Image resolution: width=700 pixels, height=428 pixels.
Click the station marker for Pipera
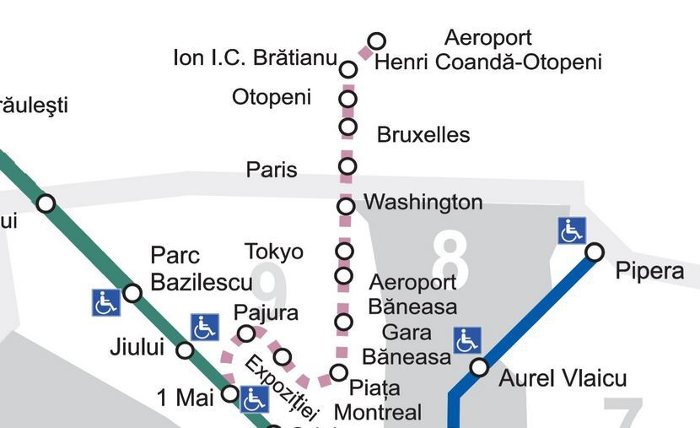(595, 252)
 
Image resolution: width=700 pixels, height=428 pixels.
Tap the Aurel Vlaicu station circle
(479, 367)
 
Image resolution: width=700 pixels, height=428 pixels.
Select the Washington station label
(423, 203)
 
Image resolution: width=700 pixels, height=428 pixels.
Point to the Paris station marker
(347, 165)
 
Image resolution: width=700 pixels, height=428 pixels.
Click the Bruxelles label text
(423, 135)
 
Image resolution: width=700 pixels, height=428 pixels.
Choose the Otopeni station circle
(347, 99)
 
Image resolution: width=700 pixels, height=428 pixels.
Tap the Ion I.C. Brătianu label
(255, 58)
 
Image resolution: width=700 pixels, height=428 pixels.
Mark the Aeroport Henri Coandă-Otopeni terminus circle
(377, 41)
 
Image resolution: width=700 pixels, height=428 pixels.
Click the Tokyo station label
(274, 252)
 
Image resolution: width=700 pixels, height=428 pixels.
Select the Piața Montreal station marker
(338, 372)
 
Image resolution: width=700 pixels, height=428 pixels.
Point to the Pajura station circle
(245, 333)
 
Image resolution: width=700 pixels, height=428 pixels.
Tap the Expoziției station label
(282, 387)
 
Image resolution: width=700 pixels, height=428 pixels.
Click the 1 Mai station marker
(229, 393)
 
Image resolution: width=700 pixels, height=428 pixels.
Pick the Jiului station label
(137, 347)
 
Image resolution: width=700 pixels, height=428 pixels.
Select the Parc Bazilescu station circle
(132, 293)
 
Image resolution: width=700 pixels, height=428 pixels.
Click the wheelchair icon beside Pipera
(572, 230)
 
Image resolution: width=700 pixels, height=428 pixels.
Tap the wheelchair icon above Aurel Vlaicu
(466, 341)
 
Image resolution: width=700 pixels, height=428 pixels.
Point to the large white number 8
(450, 258)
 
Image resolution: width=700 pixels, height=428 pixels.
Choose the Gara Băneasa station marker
(343, 322)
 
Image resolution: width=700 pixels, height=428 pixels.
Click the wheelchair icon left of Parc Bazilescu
(105, 302)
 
